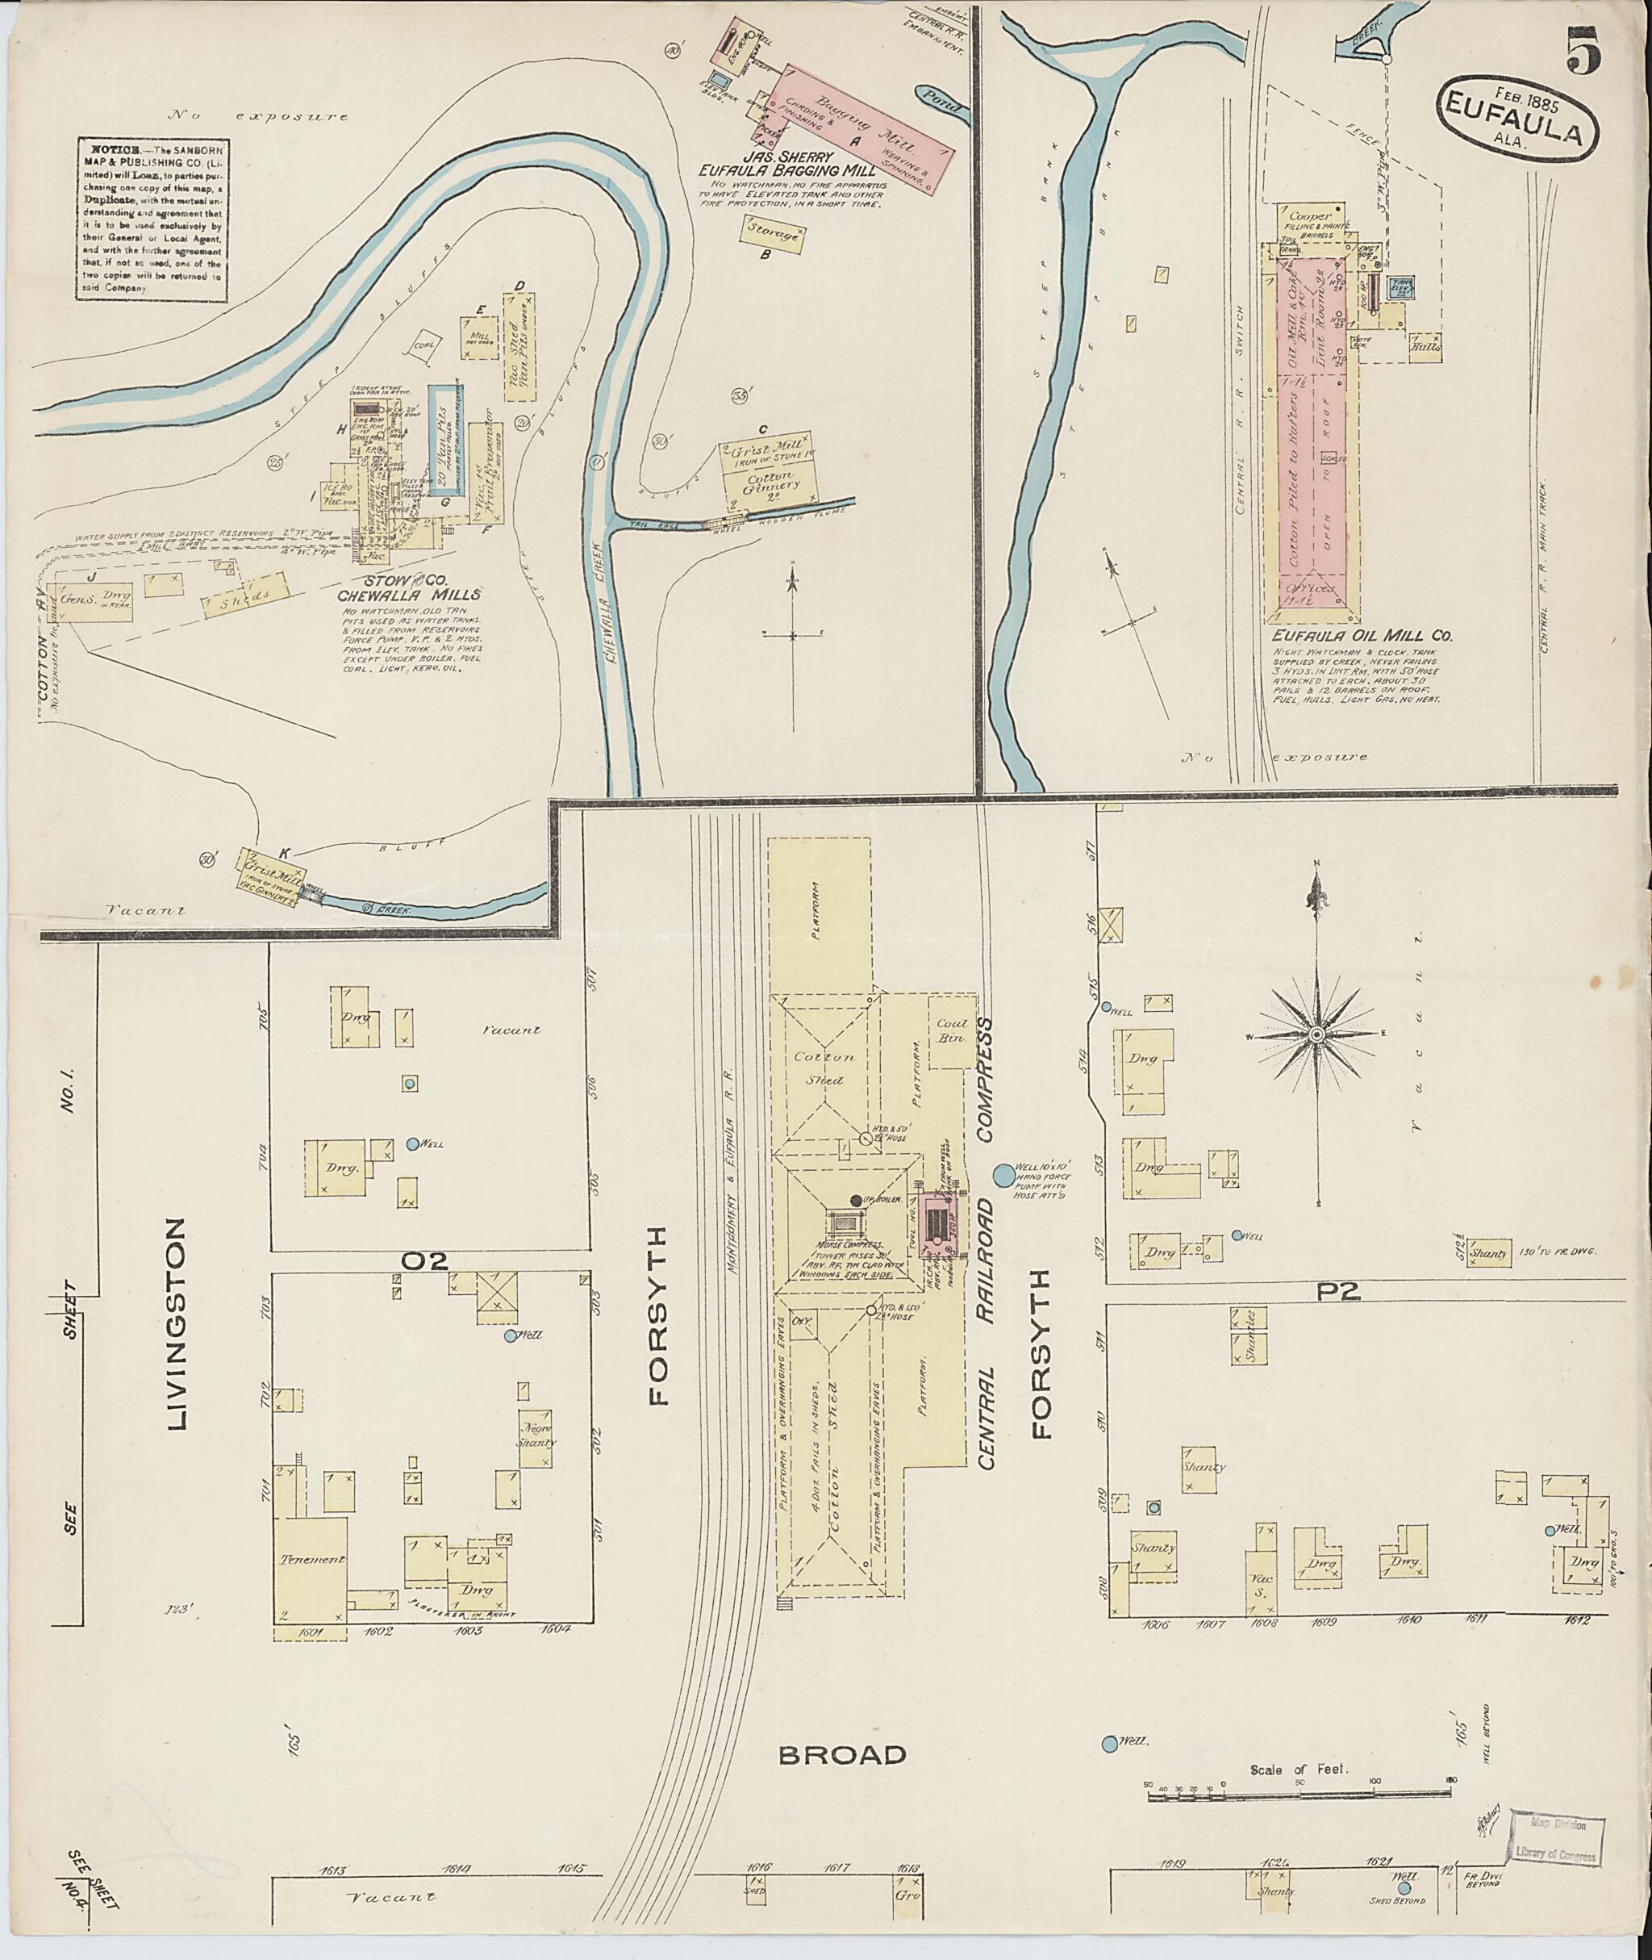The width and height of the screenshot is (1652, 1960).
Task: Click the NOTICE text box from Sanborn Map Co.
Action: (x=152, y=220)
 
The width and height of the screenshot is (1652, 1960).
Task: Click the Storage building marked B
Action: (x=774, y=233)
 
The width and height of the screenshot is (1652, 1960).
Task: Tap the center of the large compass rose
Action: (x=1316, y=1034)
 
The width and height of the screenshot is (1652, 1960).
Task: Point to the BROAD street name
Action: (x=843, y=1754)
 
